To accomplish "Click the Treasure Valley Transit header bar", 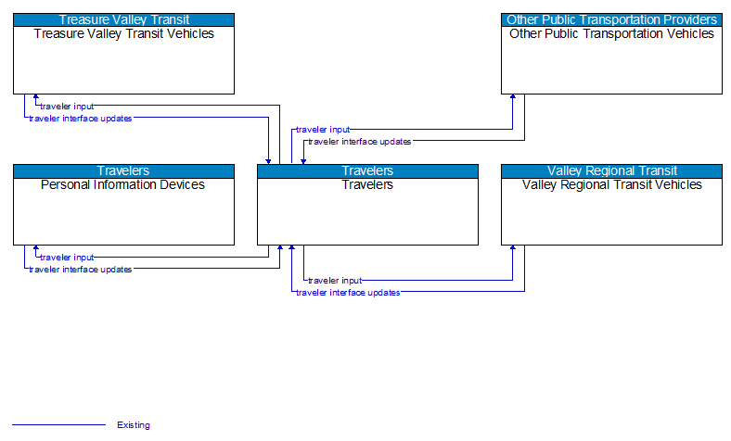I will [123, 19].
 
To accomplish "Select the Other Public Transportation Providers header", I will [611, 19].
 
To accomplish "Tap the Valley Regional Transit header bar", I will [611, 170].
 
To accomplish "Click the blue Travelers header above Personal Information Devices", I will [123, 170].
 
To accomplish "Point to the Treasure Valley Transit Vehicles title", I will [123, 34].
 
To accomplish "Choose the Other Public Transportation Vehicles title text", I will [611, 34].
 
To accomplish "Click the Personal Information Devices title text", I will [123, 185].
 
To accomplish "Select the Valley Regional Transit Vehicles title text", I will [611, 185].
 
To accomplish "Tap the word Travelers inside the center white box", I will [367, 185].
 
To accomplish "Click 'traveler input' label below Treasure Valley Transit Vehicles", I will [66, 107].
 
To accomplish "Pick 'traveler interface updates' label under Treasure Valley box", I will [80, 119].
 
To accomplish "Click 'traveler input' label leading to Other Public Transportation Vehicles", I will [323, 130].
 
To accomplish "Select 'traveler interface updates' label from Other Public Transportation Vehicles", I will [360, 142].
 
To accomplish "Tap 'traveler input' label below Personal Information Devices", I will [66, 258].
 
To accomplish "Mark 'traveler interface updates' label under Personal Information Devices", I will [80, 270].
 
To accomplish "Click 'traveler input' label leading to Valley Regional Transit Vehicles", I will [335, 280].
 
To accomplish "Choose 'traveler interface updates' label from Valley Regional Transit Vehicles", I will [348, 292].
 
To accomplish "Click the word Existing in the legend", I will [134, 425].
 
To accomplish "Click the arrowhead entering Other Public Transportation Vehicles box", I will [513, 98].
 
